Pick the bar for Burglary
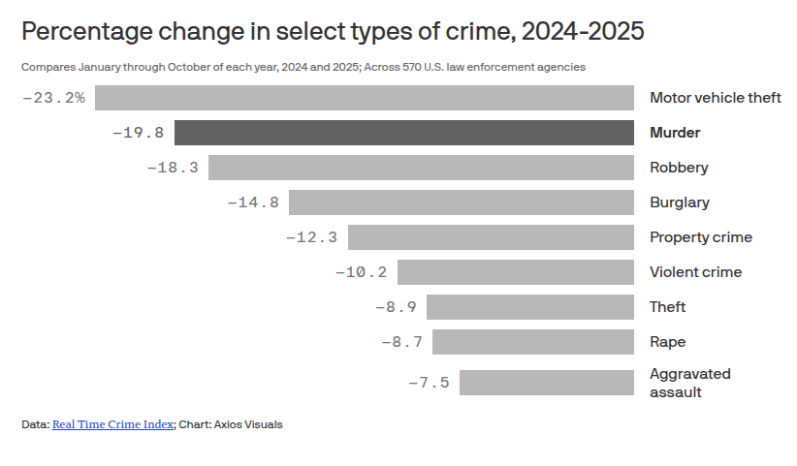pos(462,202)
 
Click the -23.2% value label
pos(53,98)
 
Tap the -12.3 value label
pos(311,237)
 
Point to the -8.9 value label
pos(395,307)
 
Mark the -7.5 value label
pos(428,383)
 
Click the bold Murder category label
pos(675,133)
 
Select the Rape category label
pos(667,342)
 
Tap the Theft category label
pos(667,307)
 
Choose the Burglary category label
pos(679,202)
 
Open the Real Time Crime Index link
pos(113,424)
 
